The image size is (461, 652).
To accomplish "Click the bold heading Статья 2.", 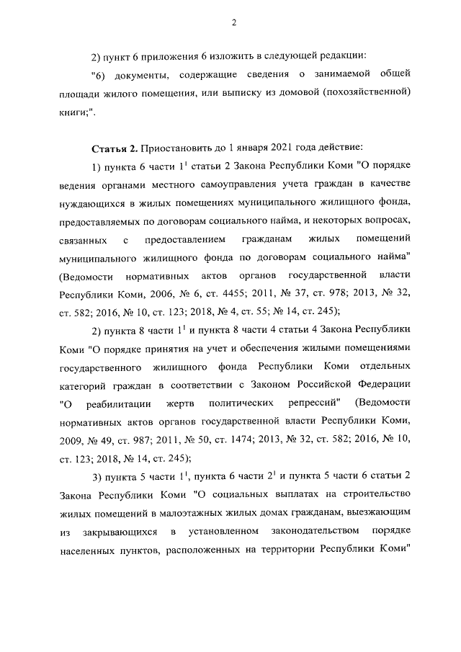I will pos(114,150).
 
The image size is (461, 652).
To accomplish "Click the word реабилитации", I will pos(112,401).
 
